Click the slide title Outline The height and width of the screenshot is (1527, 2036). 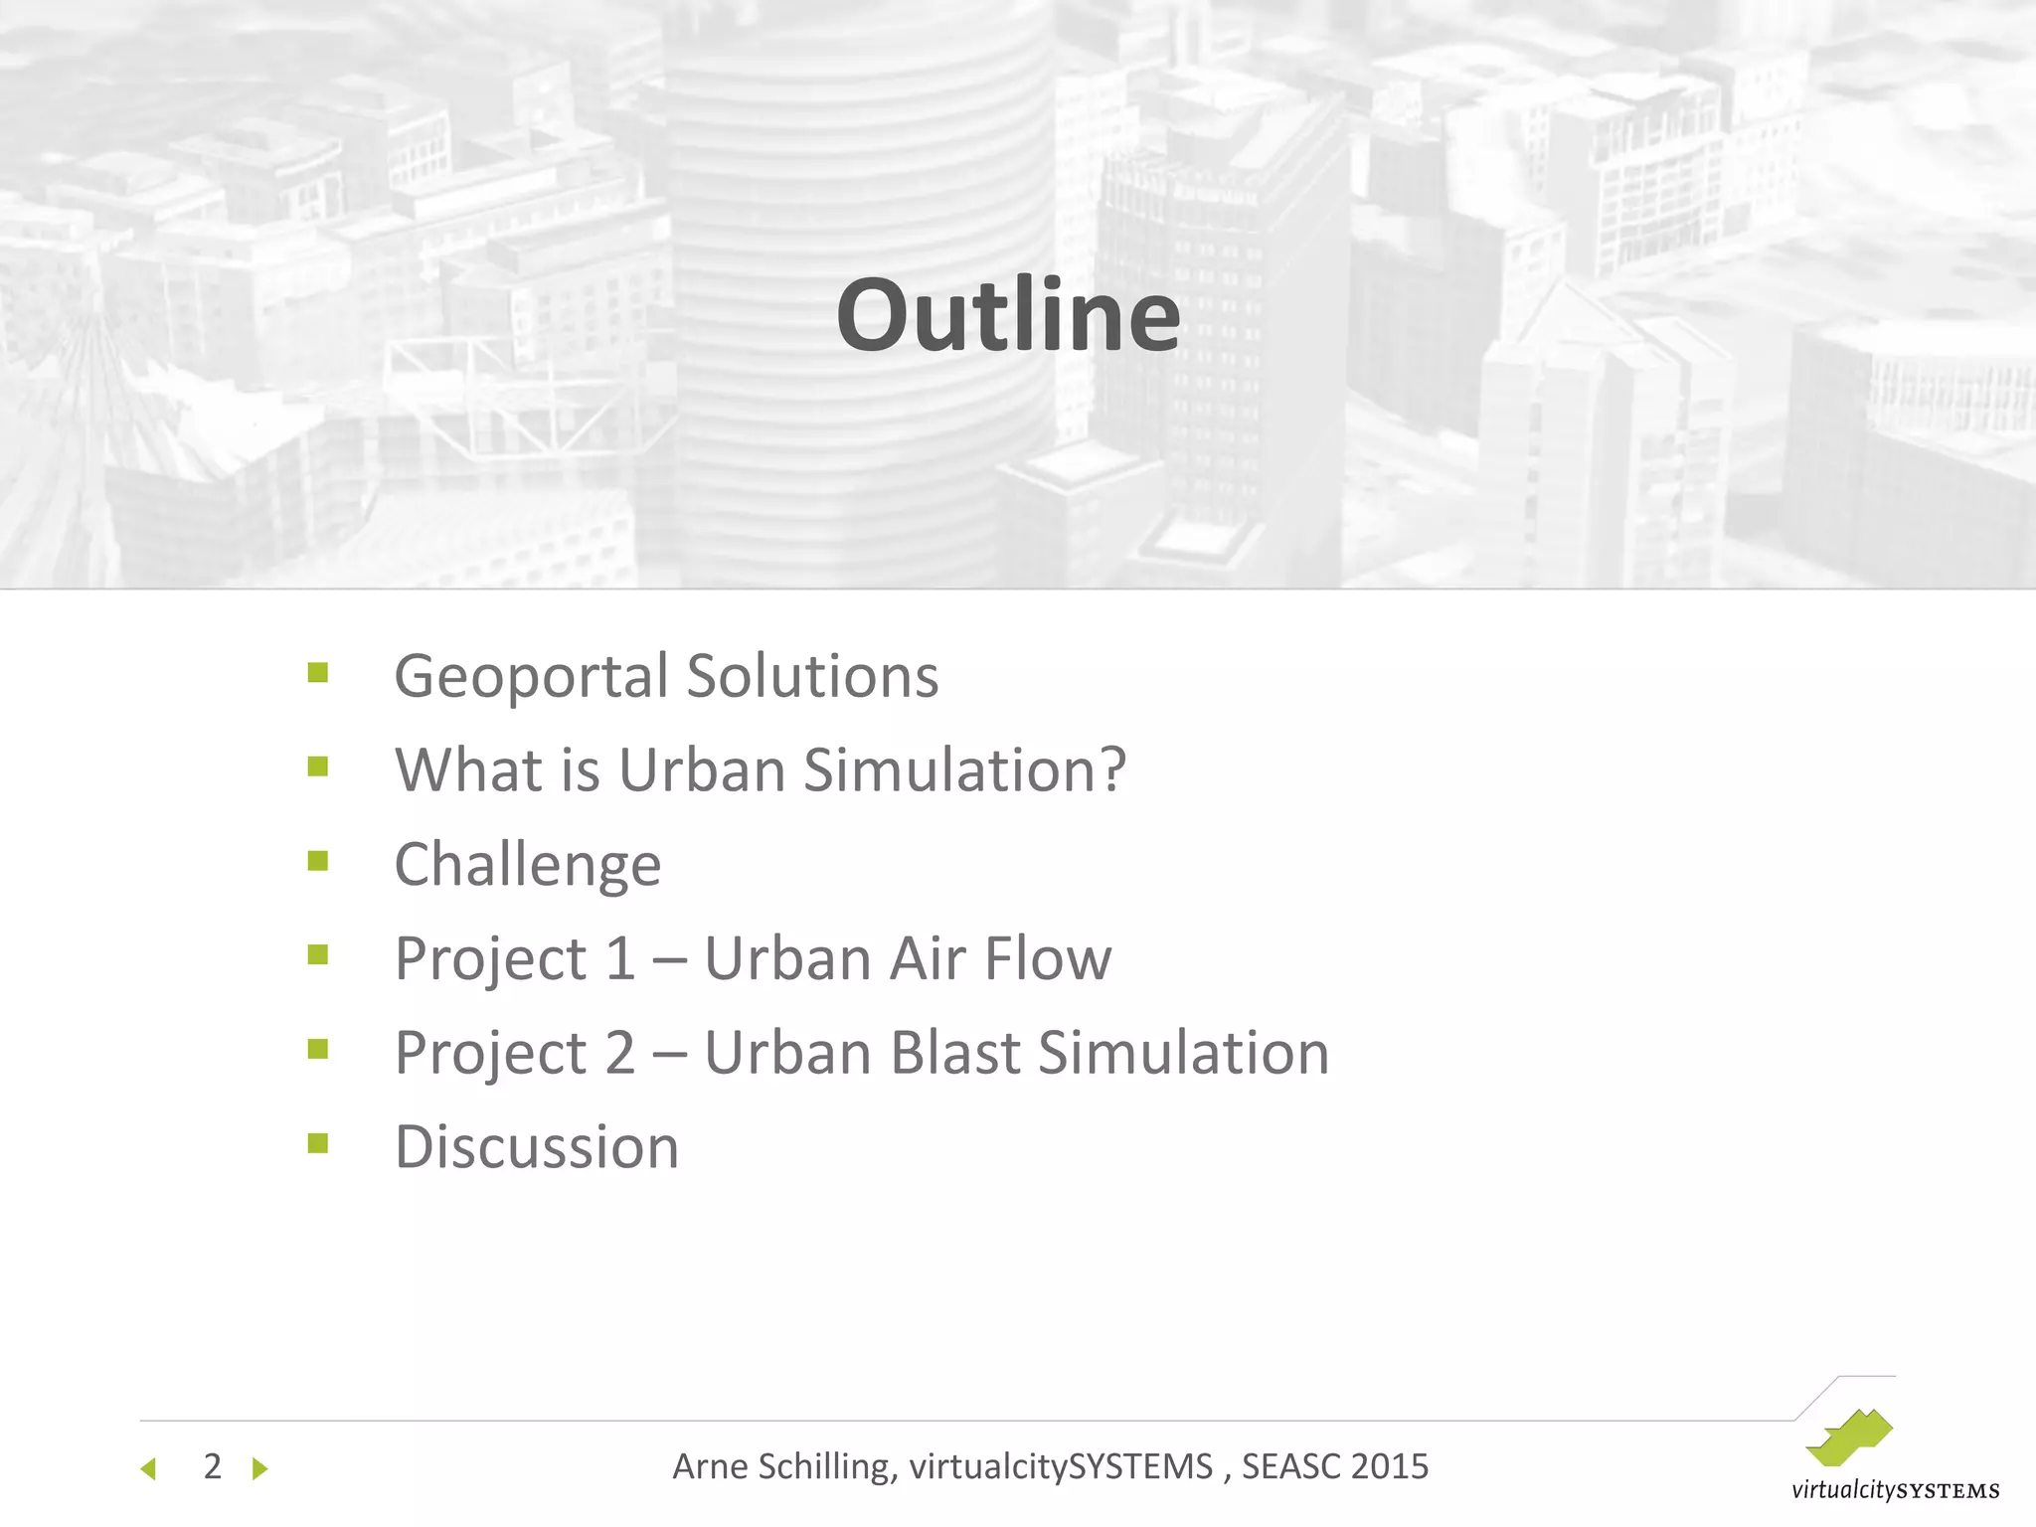[x=1008, y=315]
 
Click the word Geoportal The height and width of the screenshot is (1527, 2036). [x=531, y=678]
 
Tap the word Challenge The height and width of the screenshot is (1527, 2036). [x=528, y=865]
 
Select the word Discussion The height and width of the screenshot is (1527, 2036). [x=537, y=1147]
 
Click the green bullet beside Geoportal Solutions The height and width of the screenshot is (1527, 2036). [x=318, y=673]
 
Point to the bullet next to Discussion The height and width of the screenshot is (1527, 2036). [x=318, y=1143]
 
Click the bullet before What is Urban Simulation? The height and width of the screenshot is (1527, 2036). [x=318, y=766]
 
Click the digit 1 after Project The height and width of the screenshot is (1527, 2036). [x=620, y=959]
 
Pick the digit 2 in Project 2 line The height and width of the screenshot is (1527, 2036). [x=620, y=1053]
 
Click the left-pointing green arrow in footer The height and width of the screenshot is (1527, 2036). [x=149, y=1468]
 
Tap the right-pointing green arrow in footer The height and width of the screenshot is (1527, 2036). [x=260, y=1468]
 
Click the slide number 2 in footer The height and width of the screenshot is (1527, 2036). [x=212, y=1466]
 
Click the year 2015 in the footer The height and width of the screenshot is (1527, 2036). [x=1390, y=1466]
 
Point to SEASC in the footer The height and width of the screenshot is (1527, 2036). [x=1289, y=1466]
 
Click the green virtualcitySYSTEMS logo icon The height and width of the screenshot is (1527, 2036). [x=1849, y=1438]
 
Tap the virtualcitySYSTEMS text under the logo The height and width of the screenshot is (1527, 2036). [x=1895, y=1490]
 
